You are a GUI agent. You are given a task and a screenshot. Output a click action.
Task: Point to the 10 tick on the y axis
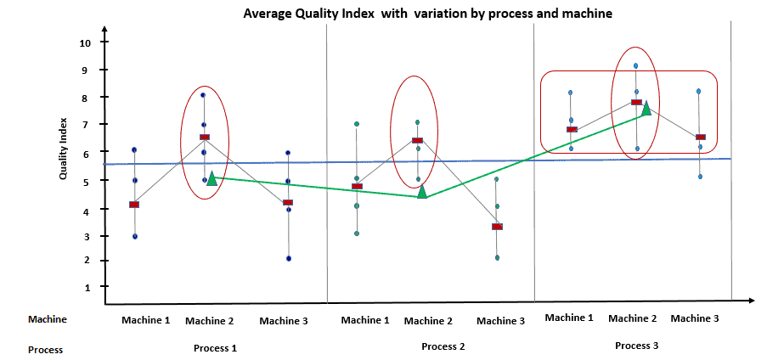[x=85, y=42]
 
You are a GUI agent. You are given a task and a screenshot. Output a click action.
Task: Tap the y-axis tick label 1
[x=86, y=288]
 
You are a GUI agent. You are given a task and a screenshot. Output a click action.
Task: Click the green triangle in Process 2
[x=422, y=191]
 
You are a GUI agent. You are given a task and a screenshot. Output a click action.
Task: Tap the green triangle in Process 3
[x=646, y=108]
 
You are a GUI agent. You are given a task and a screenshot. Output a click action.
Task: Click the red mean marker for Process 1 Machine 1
[x=134, y=205]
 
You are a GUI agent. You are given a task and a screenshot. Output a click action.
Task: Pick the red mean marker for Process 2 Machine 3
[x=497, y=227]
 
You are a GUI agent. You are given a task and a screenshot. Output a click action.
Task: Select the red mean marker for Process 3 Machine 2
[x=635, y=102]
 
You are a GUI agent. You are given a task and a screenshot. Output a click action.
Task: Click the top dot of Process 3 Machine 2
[x=635, y=65]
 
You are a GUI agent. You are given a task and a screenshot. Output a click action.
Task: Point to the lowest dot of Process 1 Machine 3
[x=288, y=258]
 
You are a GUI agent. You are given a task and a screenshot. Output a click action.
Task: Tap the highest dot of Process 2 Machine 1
[x=357, y=124]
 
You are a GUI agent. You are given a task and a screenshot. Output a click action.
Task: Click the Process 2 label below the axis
[x=443, y=346]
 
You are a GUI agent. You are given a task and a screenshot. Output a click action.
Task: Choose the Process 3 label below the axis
[x=636, y=346]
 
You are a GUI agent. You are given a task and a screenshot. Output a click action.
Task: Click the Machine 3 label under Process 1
[x=284, y=321]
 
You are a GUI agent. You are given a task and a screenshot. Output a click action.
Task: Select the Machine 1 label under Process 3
[x=569, y=318]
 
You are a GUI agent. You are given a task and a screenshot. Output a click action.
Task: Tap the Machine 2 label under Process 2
[x=428, y=321]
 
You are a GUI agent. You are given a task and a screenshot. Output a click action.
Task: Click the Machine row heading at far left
[x=48, y=319]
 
